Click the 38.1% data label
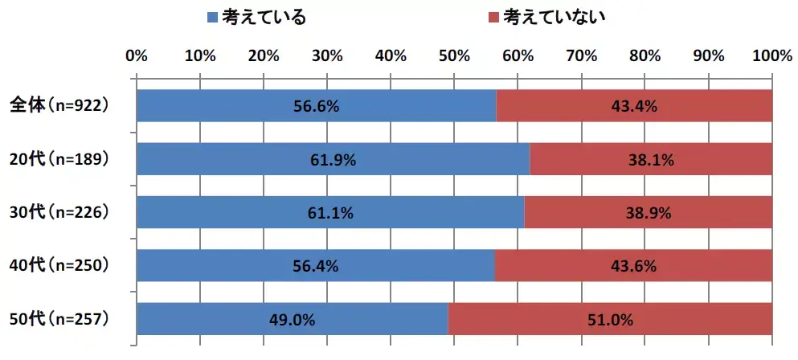[651, 160]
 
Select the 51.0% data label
[611, 319]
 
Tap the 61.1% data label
[331, 213]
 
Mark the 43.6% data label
[633, 266]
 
